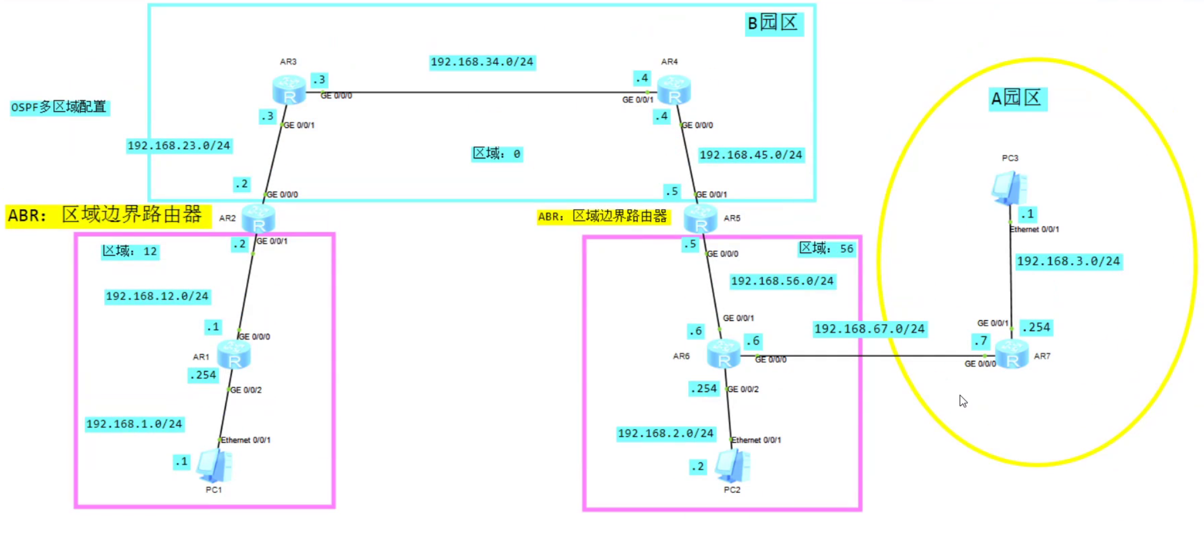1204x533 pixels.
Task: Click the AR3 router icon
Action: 289,90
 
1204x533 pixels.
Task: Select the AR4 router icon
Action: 674,90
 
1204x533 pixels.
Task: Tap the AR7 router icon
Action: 1012,354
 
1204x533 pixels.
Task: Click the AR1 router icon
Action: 234,354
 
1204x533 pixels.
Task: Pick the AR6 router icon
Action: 724,353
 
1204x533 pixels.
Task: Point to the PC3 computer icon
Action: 1009,188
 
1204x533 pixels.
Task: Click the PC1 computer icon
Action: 215,465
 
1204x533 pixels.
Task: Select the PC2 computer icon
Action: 733,465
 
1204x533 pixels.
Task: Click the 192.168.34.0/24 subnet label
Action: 482,62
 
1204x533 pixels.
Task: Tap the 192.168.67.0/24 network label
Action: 870,329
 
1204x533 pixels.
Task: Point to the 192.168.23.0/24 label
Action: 179,146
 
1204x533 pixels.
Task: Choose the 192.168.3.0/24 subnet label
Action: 1069,261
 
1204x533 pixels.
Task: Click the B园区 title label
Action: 773,23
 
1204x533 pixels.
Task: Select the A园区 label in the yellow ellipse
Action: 1017,98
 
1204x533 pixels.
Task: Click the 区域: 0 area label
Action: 497,154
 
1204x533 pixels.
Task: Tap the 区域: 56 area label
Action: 827,249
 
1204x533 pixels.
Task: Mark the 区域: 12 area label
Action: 130,251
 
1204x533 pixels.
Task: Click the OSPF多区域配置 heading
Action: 59,107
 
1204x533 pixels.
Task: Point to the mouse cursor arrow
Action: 963,401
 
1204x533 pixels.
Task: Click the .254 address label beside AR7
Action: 1036,327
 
